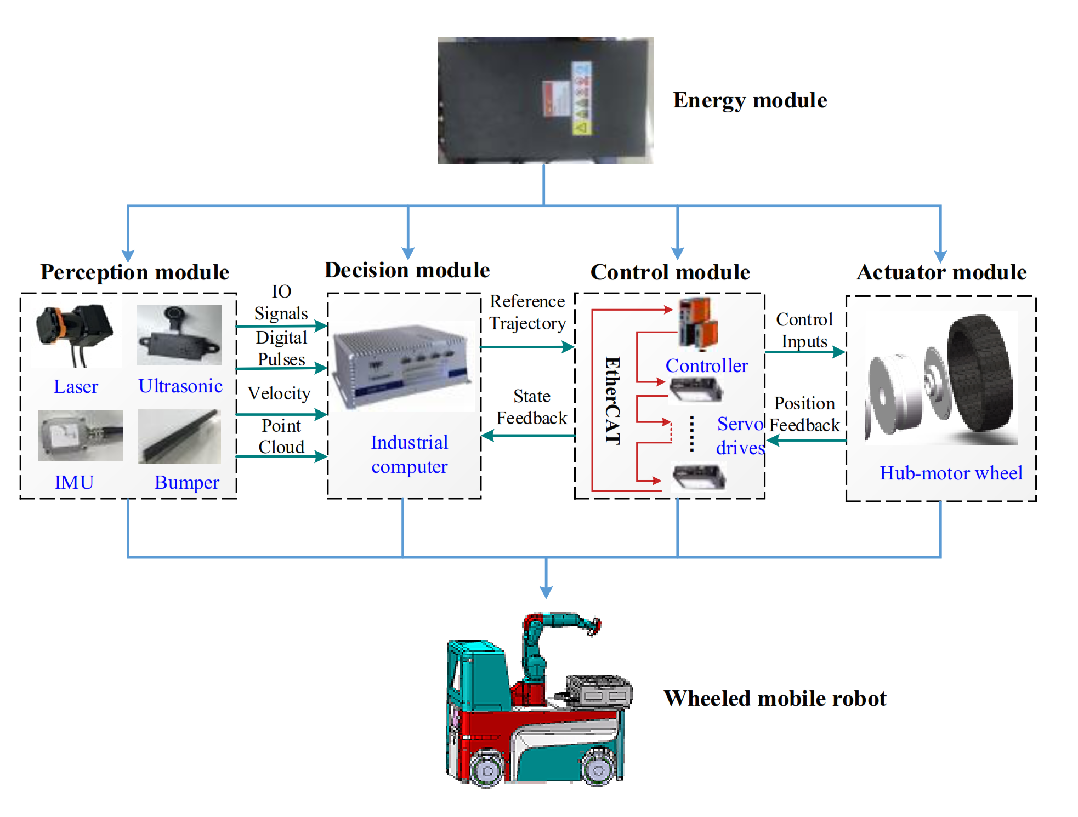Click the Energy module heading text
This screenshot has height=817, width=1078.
click(749, 100)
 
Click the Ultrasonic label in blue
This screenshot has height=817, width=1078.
click(180, 386)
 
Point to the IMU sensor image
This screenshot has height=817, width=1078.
click(80, 436)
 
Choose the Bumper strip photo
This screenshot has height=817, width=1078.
click(179, 436)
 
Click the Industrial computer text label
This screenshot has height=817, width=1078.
click(409, 454)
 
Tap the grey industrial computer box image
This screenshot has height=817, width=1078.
click(403, 365)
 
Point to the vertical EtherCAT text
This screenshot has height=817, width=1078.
click(612, 401)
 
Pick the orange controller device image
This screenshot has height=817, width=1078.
click(697, 323)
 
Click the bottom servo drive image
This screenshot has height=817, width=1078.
click(699, 476)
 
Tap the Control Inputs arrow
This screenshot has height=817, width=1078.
click(804, 352)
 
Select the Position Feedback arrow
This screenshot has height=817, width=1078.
click(805, 440)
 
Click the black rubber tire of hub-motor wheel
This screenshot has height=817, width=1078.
click(981, 372)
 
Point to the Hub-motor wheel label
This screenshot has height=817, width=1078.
click(950, 473)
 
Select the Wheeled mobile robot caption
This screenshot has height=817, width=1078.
click(774, 699)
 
